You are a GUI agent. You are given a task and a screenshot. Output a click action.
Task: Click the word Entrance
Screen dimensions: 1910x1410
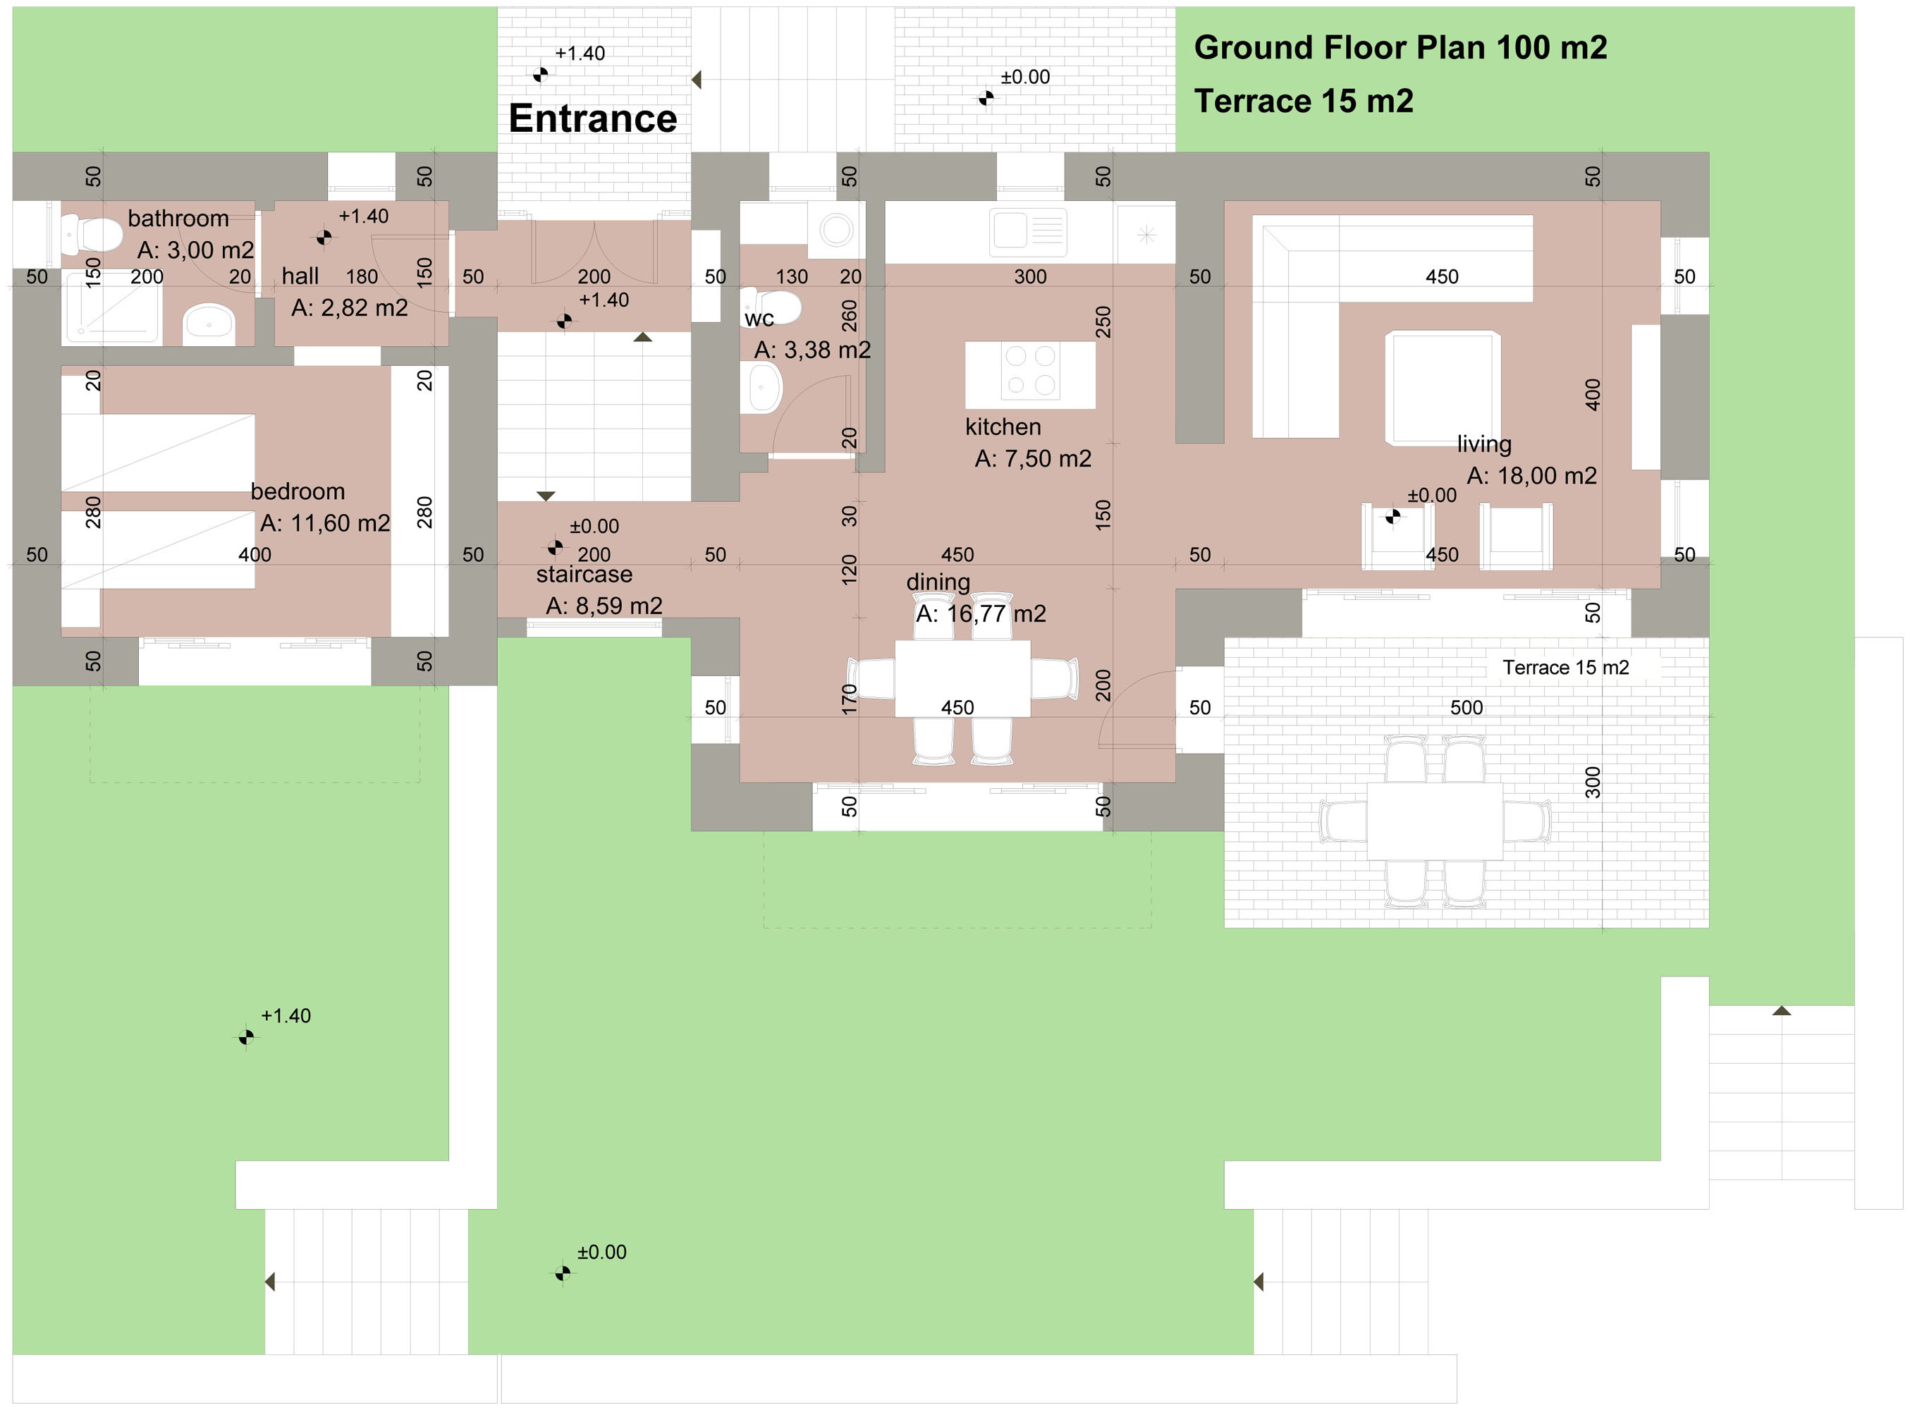(x=592, y=118)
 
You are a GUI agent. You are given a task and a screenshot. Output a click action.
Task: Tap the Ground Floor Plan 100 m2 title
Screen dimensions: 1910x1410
(x=1400, y=47)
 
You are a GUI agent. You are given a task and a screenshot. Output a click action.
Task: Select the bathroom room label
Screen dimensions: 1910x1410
(x=178, y=219)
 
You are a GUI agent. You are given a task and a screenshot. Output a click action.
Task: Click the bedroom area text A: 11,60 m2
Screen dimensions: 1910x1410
(x=324, y=522)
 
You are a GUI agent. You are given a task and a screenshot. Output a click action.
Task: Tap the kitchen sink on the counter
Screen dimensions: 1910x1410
(x=1027, y=231)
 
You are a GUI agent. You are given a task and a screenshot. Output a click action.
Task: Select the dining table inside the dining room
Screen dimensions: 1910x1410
(x=962, y=678)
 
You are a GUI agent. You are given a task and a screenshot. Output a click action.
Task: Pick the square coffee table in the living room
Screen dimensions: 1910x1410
(x=1443, y=388)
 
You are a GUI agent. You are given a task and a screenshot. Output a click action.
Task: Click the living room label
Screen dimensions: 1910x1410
(x=1483, y=444)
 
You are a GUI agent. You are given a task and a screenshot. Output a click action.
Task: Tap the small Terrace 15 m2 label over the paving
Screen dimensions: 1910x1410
(x=1565, y=668)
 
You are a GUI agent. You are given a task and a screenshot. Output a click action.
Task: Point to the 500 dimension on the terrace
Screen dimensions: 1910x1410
(x=1467, y=708)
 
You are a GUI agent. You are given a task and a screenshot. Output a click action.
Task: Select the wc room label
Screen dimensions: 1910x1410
(x=759, y=319)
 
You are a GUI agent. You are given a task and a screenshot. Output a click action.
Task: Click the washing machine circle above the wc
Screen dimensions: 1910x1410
(x=836, y=230)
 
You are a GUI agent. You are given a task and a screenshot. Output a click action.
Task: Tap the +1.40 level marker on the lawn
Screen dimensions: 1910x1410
(x=246, y=1037)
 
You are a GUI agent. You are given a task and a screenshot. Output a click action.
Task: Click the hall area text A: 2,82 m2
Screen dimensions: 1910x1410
(x=349, y=307)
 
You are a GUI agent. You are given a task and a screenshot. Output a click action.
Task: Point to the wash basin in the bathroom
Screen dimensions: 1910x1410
(x=209, y=323)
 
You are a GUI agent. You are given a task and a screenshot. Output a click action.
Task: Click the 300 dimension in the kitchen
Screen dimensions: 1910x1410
(x=1030, y=276)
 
